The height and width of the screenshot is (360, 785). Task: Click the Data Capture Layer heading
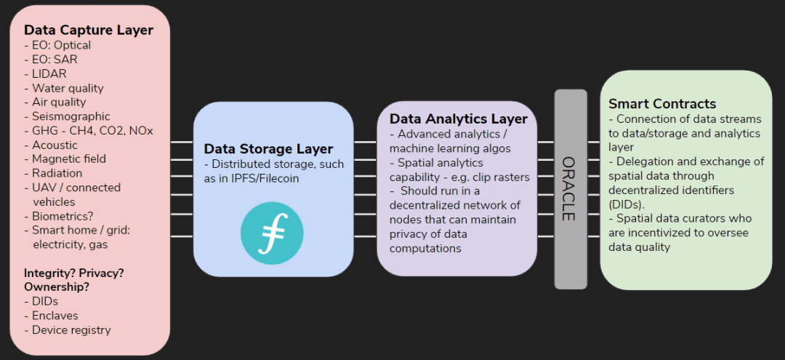89,30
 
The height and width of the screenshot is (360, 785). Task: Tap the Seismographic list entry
67,116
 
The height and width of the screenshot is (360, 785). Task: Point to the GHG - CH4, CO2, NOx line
89,131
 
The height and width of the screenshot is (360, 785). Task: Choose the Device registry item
68,330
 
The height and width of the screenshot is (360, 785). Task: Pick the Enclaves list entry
51,316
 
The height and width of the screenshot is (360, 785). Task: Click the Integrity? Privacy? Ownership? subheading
74,281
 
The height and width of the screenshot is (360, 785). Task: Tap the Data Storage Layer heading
268,149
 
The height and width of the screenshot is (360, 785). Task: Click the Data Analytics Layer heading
459,119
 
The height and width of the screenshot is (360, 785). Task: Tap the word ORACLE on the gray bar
568,189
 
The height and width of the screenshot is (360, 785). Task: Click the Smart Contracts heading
662,104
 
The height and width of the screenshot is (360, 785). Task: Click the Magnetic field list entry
65,159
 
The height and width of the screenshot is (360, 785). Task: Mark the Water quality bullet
64,88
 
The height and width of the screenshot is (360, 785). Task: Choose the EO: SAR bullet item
51,60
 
